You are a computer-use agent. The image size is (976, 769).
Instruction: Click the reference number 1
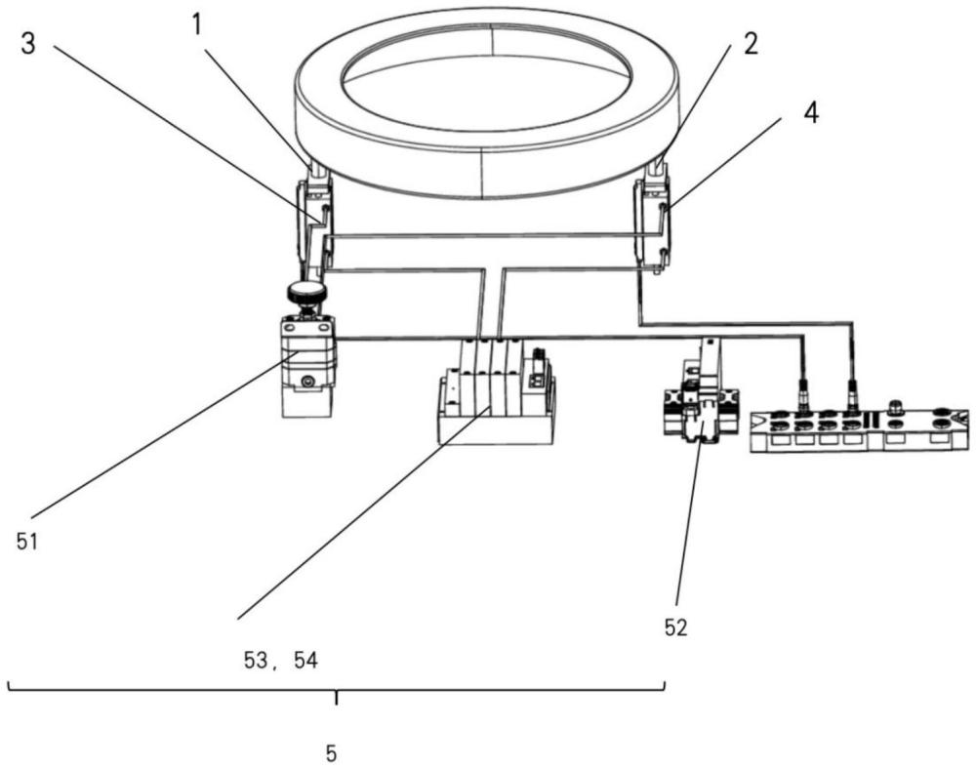click(196, 25)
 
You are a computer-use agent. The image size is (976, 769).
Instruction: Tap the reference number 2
click(752, 44)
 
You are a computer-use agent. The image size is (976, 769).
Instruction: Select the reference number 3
click(28, 44)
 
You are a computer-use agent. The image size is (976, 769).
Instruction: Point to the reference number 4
click(811, 113)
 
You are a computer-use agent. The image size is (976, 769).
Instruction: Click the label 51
click(27, 542)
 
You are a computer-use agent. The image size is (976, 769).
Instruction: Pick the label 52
click(676, 627)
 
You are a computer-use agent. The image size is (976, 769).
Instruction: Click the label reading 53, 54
click(281, 660)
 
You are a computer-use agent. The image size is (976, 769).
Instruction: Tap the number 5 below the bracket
click(331, 753)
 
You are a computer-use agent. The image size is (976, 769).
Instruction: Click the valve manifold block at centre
click(496, 392)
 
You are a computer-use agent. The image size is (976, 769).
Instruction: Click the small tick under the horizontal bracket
click(337, 697)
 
